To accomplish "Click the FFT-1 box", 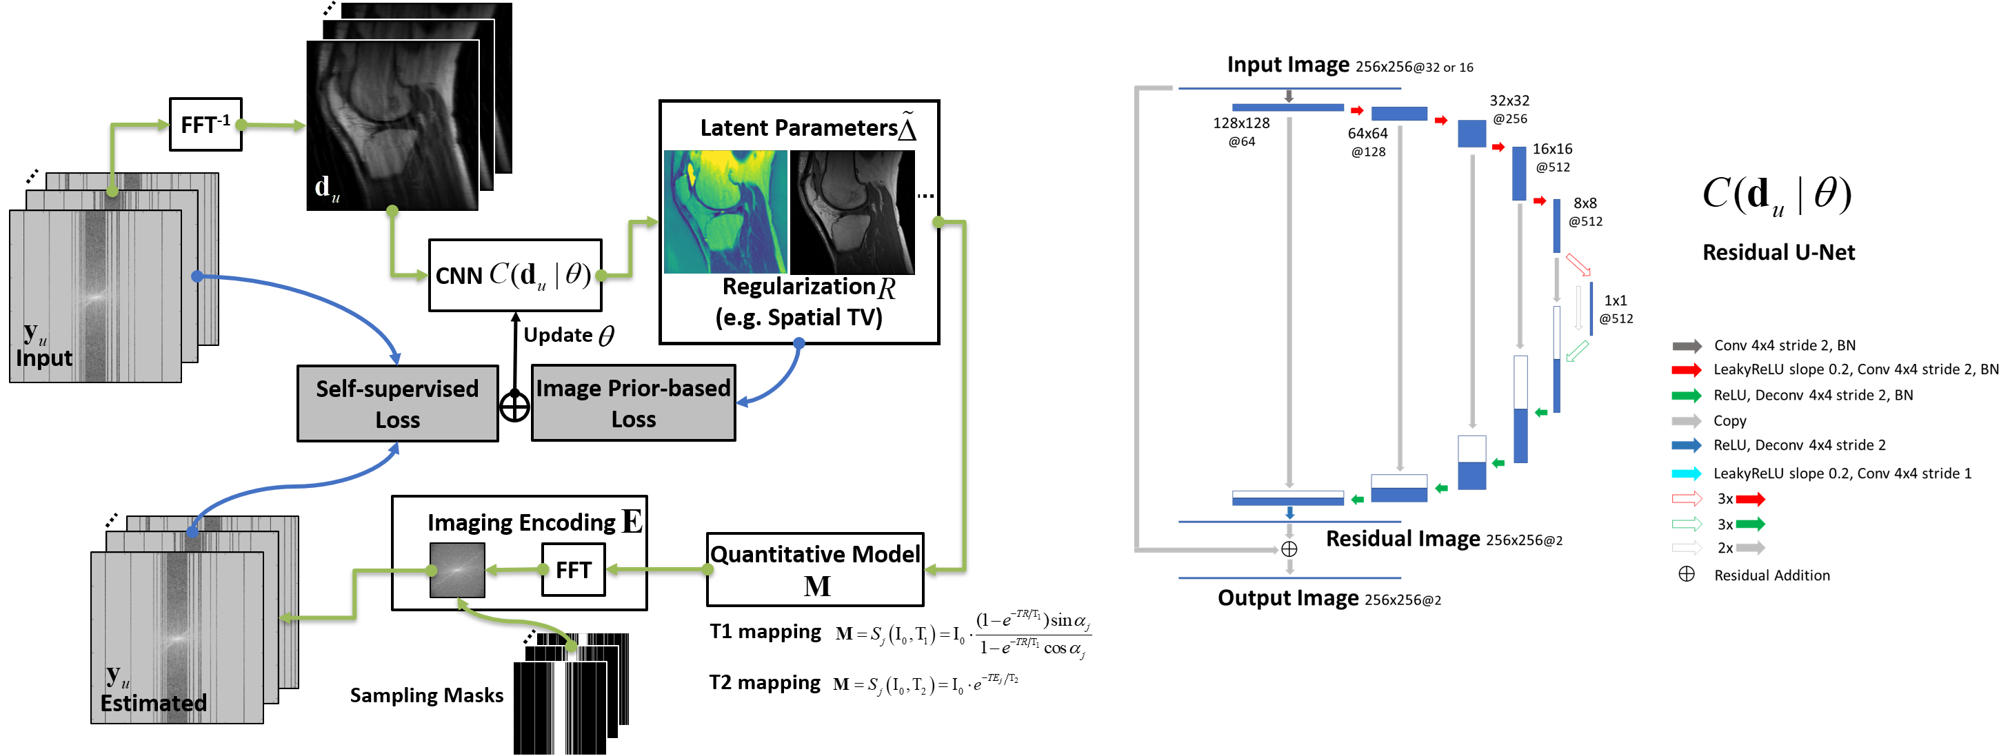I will pos(205,124).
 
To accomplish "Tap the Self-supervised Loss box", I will pos(397,403).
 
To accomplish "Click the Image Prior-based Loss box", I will pos(633,402).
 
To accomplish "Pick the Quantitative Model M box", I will pos(814,569).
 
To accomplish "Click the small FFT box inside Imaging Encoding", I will pos(573,569).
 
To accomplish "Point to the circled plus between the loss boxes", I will pos(514,407).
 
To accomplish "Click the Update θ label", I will pos(568,336).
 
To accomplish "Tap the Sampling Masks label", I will pos(426,695).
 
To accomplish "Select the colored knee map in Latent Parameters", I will pos(725,212).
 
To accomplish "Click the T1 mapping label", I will pos(765,631).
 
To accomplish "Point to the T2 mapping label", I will pos(765,683).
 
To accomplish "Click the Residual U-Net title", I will pos(1778,252).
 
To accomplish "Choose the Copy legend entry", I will pos(1729,420).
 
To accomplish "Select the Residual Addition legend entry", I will pos(1771,575).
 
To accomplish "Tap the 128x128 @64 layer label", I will pos(1240,131).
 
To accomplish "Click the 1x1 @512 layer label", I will pos(1615,309).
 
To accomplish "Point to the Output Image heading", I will pos(1287,597).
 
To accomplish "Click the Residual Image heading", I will pos(1402,538).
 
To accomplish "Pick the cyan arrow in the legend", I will pos(1686,473).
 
